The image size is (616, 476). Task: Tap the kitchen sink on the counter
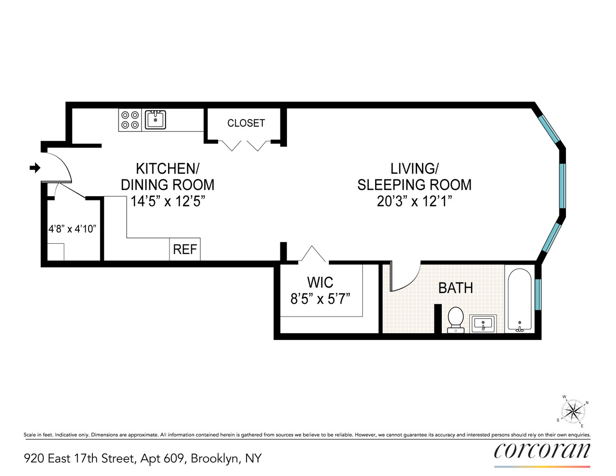[x=155, y=119]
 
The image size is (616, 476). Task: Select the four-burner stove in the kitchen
[x=130, y=120]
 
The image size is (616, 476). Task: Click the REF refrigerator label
[x=185, y=249]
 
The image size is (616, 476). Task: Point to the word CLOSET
[x=246, y=123]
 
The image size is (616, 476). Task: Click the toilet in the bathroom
[x=456, y=319]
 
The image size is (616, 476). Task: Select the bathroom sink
[x=483, y=324]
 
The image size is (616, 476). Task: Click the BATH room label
[x=456, y=288]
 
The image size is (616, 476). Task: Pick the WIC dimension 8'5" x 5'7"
[x=320, y=299]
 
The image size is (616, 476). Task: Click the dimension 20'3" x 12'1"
[x=414, y=201]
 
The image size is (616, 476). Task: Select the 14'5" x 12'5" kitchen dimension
[x=168, y=201]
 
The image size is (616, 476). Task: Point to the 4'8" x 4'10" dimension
[x=72, y=229]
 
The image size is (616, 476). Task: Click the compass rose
[x=573, y=411]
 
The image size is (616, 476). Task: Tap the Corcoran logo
[x=542, y=451]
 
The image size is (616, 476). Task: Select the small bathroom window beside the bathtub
[x=538, y=295]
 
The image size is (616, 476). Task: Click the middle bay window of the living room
[x=562, y=186]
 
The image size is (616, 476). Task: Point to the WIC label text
[x=320, y=282]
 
